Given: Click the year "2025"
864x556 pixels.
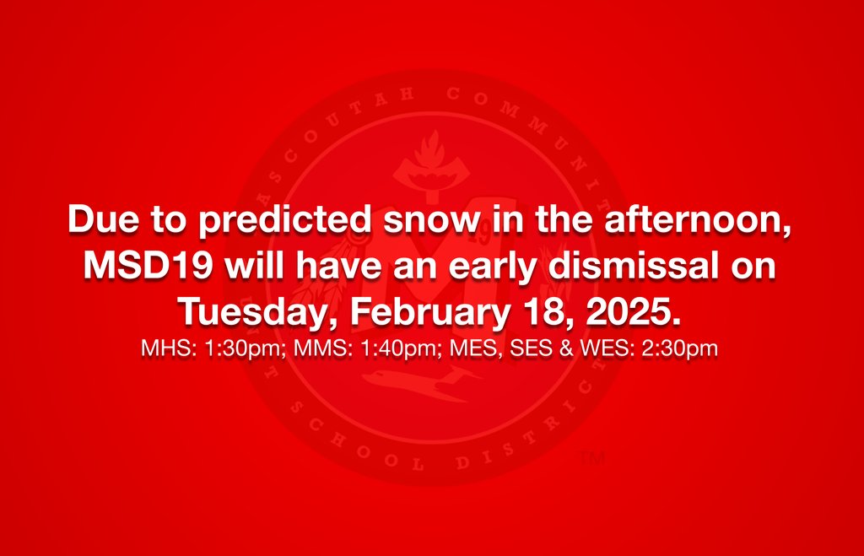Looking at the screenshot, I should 634,312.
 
